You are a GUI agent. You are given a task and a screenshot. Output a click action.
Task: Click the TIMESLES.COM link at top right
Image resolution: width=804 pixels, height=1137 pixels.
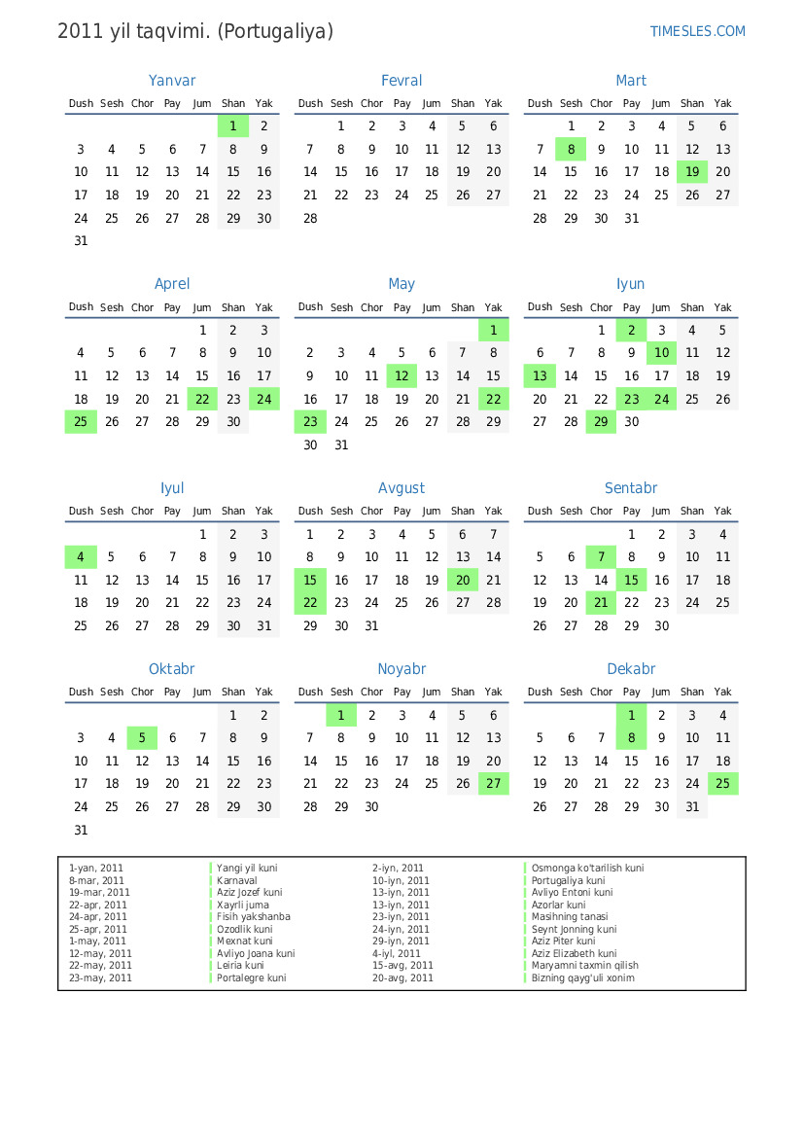point(697,31)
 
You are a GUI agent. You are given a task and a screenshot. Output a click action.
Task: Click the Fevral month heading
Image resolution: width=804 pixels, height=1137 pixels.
point(402,81)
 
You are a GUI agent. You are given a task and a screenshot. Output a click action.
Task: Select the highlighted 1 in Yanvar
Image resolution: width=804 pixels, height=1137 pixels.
point(233,125)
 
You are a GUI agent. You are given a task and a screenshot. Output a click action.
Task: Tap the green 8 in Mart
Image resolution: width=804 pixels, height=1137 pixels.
point(571,149)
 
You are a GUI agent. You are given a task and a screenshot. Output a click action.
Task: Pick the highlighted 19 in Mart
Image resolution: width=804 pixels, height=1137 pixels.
point(692,172)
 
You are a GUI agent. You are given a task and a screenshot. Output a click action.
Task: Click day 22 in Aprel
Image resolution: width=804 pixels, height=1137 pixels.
point(202,399)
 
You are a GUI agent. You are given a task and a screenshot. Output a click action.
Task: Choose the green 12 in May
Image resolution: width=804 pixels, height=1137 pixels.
point(402,375)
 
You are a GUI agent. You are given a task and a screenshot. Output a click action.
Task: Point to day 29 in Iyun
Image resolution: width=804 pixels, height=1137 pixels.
point(601,422)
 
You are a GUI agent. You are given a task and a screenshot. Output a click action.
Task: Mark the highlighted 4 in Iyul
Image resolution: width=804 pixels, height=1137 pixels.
point(81,557)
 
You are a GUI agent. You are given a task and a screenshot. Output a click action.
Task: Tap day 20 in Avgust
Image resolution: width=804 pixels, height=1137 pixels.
point(463,580)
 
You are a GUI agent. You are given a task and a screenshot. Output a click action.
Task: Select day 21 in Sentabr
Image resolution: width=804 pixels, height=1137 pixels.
point(601,603)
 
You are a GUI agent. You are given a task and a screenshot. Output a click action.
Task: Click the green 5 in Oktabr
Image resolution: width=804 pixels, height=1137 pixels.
point(142,738)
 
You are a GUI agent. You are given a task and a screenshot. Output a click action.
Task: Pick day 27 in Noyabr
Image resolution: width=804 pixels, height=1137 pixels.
point(493,784)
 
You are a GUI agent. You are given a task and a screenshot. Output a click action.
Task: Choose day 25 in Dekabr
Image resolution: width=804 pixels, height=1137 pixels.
point(722,784)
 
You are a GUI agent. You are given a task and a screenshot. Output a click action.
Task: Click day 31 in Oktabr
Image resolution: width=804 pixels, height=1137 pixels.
point(81,831)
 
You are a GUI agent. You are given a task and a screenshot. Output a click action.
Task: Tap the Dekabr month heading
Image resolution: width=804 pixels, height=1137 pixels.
point(631,669)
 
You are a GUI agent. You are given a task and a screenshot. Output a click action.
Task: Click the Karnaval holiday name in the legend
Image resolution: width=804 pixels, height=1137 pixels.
point(236,880)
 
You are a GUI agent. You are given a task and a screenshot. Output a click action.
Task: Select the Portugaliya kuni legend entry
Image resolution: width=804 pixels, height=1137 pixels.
point(568,880)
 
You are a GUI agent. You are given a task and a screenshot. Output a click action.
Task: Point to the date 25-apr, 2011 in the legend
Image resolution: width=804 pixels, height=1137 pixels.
point(98,929)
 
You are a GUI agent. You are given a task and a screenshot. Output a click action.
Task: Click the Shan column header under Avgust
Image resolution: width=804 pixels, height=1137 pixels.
point(463,511)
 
